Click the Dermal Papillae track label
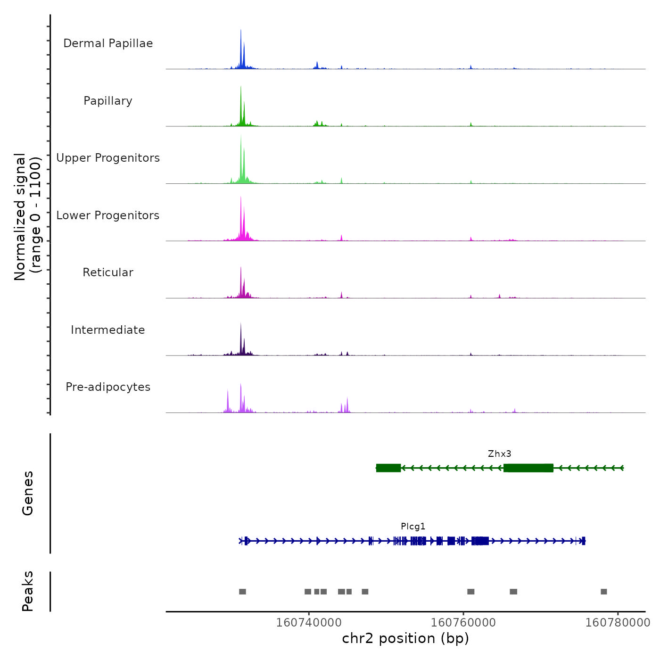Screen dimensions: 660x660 click(x=108, y=43)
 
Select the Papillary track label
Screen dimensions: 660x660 click(x=108, y=101)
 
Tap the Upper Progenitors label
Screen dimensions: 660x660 click(x=108, y=158)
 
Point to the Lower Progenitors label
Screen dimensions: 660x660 click(x=108, y=215)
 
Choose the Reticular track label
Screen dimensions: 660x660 click(x=108, y=272)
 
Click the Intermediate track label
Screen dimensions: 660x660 click(x=108, y=330)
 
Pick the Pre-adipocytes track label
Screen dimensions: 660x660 click(x=108, y=387)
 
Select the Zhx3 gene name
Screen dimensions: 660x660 click(x=499, y=454)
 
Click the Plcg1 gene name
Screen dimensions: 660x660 click(x=413, y=527)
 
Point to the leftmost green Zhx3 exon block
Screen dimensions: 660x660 click(x=388, y=468)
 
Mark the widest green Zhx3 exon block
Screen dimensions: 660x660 click(x=528, y=468)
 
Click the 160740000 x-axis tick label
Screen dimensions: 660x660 click(x=309, y=622)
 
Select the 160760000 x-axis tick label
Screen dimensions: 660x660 click(x=463, y=622)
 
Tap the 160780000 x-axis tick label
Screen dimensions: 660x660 click(x=618, y=622)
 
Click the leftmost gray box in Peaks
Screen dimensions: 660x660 click(x=242, y=592)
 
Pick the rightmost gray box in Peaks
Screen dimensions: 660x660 click(x=604, y=592)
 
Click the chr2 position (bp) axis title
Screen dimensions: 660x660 click(x=405, y=638)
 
